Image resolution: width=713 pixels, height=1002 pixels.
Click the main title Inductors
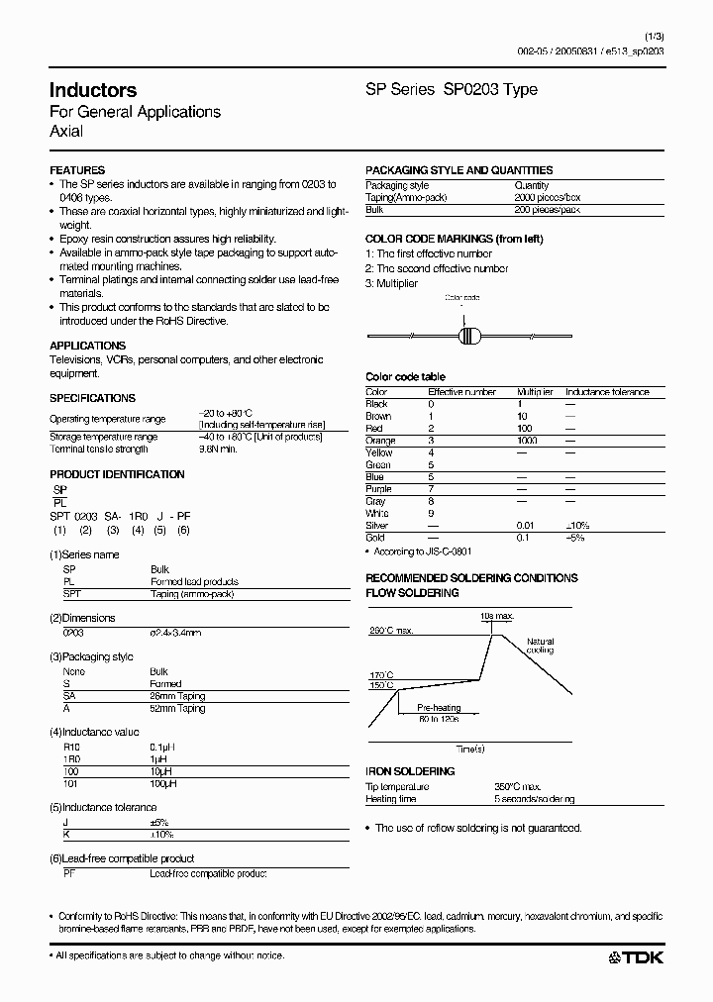pyautogui.click(x=93, y=90)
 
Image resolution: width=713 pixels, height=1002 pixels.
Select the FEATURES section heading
pyautogui.click(x=76, y=170)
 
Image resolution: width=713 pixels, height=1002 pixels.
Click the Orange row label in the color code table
pyautogui.click(x=380, y=440)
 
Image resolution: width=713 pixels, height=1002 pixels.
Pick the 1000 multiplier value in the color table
pyautogui.click(x=527, y=440)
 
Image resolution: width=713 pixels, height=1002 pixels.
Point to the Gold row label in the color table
pyautogui.click(x=375, y=538)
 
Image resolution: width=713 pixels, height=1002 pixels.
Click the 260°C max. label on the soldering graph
pyautogui.click(x=392, y=631)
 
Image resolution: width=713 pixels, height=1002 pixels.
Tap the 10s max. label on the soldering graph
pyautogui.click(x=497, y=617)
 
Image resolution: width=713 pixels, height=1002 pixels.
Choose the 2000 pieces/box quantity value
pyautogui.click(x=548, y=197)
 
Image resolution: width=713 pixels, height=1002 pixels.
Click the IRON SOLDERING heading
pyautogui.click(x=410, y=771)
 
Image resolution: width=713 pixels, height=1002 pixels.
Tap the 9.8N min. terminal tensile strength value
pyautogui.click(x=218, y=449)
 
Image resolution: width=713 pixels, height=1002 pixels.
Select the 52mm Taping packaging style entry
pyautogui.click(x=177, y=708)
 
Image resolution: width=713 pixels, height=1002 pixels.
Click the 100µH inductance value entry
pyautogui.click(x=164, y=784)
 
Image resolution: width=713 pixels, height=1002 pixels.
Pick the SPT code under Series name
pyautogui.click(x=72, y=594)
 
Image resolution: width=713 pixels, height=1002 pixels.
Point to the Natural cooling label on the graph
pyautogui.click(x=541, y=646)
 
